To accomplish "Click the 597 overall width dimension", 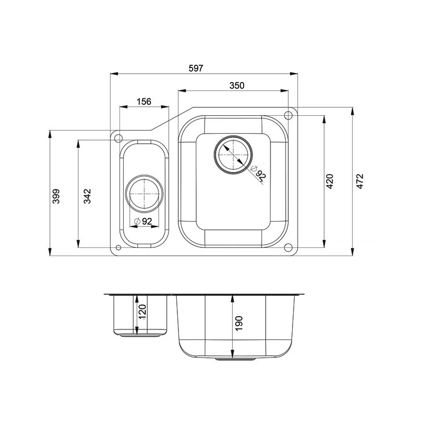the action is click(x=196, y=68).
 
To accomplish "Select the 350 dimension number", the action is click(x=237, y=85).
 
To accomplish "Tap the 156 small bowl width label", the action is click(x=144, y=102).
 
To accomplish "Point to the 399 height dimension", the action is click(x=56, y=196).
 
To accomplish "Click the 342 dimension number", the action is click(x=87, y=196).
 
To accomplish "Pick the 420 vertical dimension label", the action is click(x=329, y=181).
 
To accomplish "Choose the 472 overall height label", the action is click(x=360, y=181).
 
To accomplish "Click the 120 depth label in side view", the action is click(x=142, y=312).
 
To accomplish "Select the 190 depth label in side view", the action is click(x=239, y=324).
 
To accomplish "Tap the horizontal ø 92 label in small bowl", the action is click(x=143, y=221).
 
